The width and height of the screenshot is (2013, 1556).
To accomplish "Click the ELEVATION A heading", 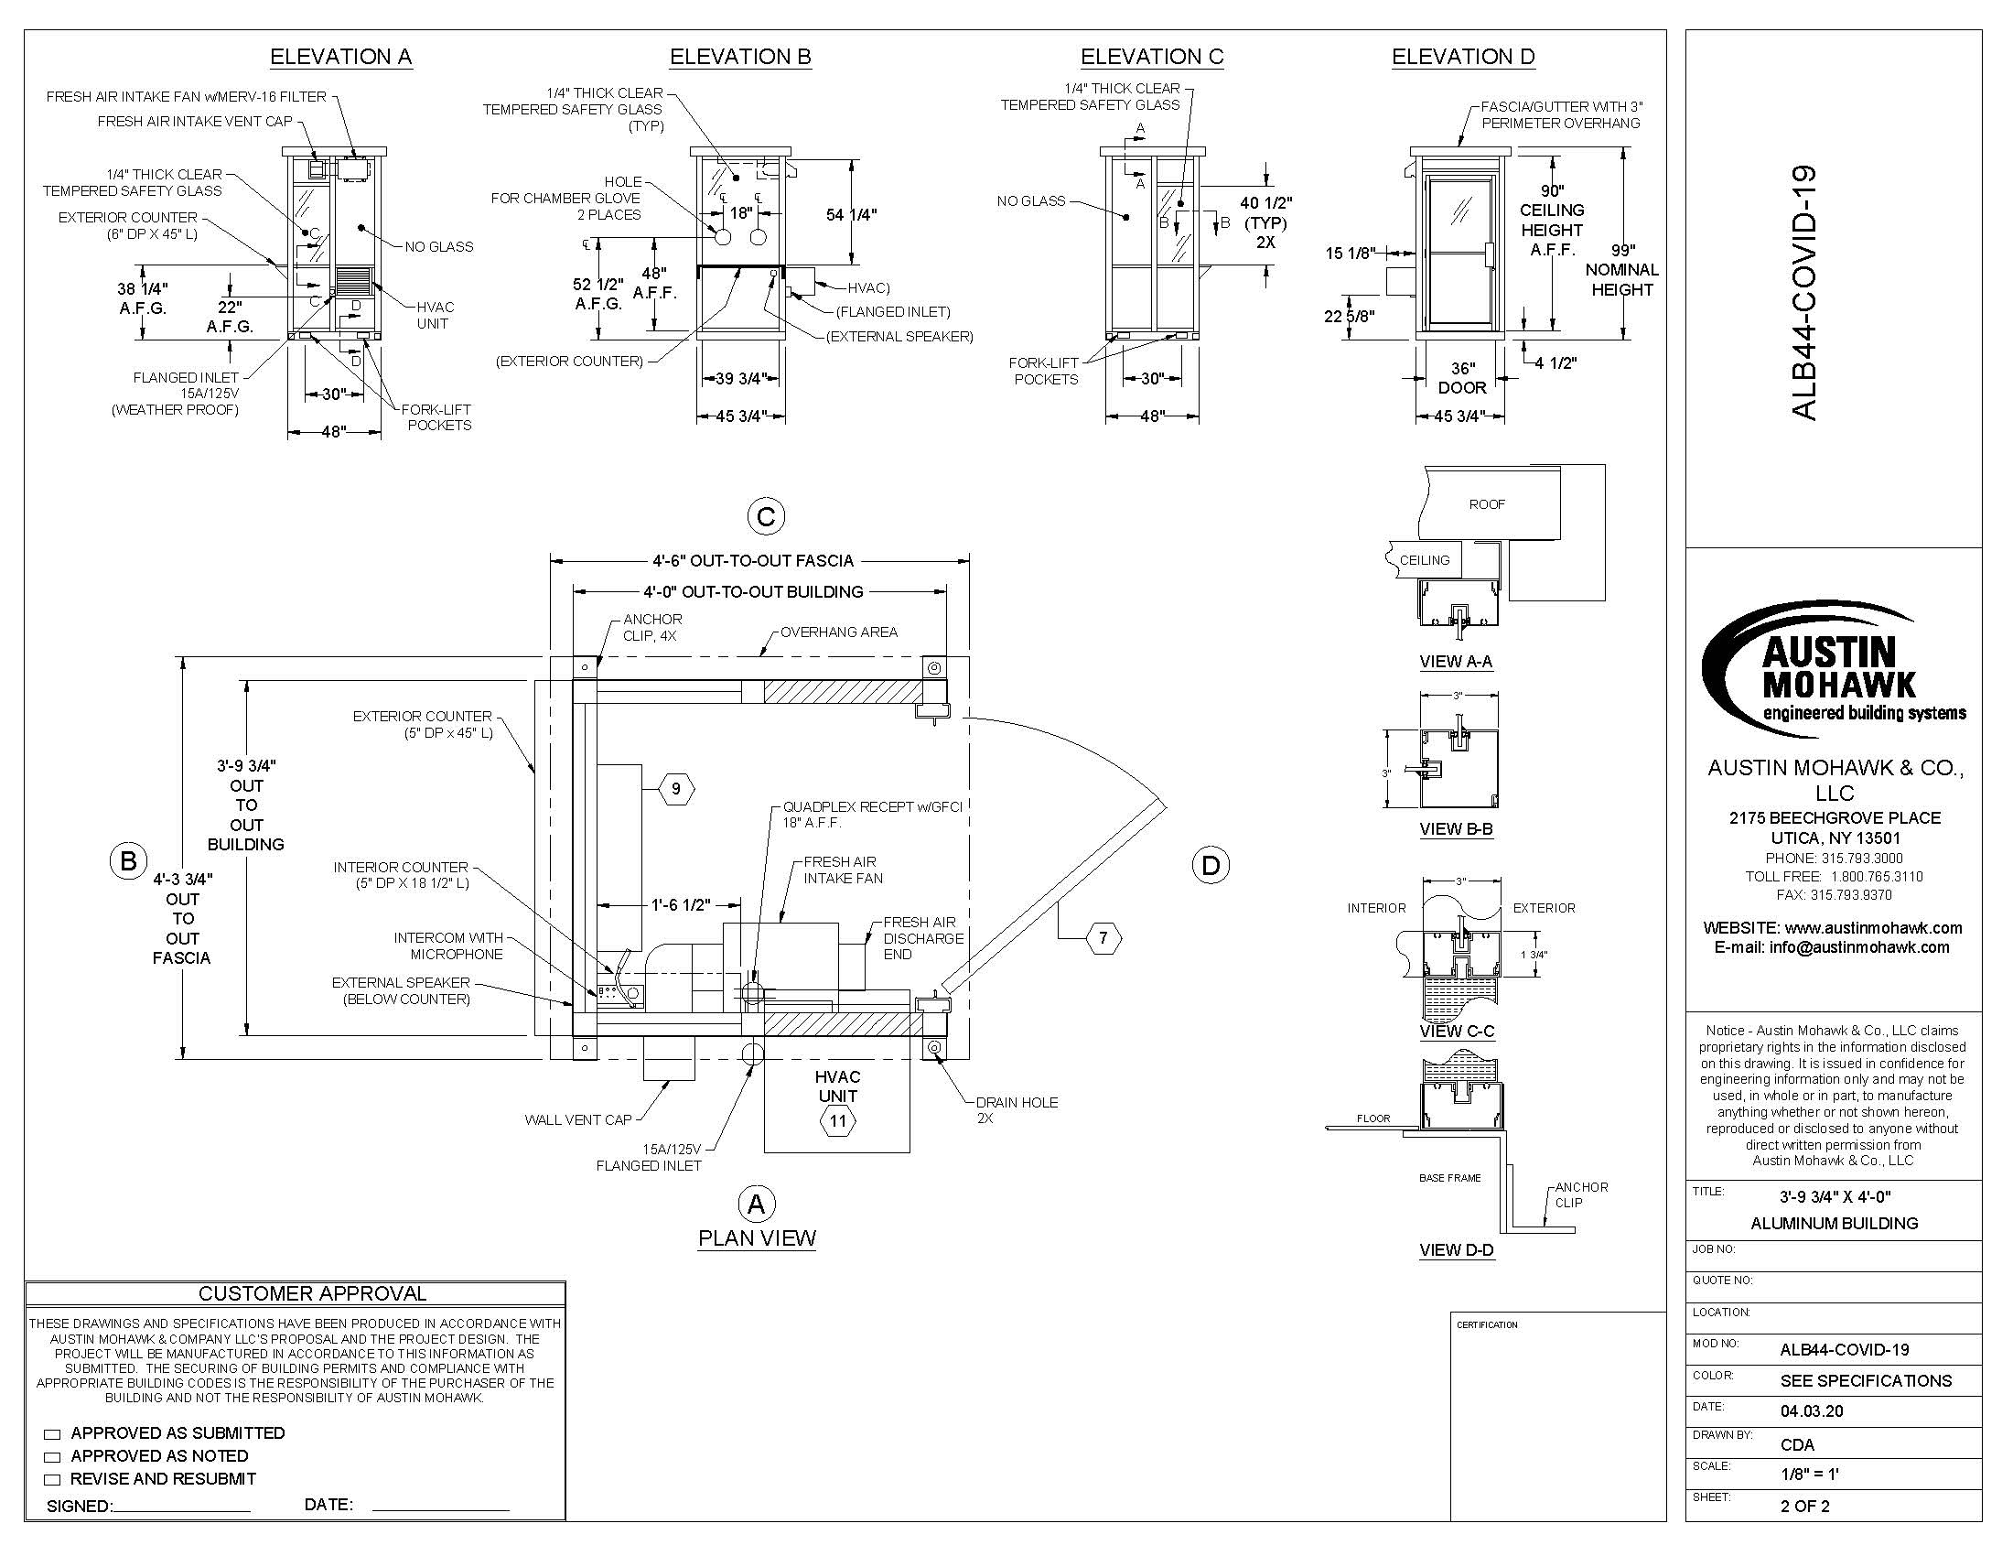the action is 341,57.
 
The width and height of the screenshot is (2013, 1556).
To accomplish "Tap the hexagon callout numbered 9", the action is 676,789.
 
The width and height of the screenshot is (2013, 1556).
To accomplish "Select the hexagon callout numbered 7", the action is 1104,938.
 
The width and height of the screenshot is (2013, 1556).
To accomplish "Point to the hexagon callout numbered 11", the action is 838,1122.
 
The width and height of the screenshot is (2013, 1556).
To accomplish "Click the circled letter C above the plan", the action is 766,517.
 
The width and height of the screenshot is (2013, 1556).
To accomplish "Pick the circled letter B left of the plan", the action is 128,861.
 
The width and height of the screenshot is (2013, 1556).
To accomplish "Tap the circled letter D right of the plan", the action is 1211,866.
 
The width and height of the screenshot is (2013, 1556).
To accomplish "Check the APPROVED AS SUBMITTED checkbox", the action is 52,1434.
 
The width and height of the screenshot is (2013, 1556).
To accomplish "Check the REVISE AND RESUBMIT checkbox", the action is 52,1479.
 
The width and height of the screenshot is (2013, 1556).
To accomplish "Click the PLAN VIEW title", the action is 757,1238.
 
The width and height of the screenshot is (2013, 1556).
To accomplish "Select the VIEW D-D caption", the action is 1457,1250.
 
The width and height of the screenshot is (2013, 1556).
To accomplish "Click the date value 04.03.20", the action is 1812,1411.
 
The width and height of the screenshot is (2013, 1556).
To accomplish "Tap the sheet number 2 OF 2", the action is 1804,1507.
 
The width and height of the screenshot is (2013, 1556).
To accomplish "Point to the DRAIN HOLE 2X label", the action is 1017,1110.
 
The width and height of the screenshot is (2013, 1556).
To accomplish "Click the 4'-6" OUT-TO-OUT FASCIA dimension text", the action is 753,560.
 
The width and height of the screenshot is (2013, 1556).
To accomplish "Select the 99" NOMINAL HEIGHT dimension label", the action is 1622,270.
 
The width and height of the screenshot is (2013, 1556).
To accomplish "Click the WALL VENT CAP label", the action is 578,1120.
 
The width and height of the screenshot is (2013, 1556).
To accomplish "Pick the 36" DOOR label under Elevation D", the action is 1462,378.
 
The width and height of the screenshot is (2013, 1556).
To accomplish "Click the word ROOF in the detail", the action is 1487,504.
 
